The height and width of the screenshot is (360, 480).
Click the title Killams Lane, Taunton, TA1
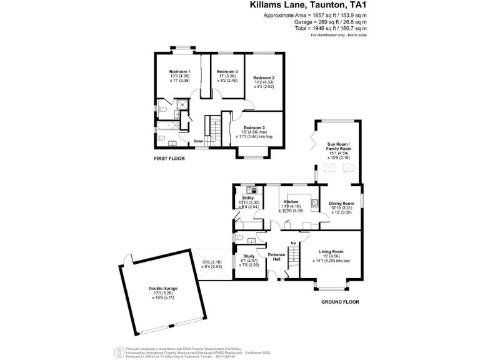[307, 5]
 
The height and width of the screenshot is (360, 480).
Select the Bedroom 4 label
[227, 72]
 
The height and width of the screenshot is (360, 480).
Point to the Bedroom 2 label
[264, 77]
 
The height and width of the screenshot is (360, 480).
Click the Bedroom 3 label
[253, 127]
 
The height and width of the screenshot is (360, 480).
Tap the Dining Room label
[341, 204]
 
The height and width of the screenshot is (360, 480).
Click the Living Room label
[331, 251]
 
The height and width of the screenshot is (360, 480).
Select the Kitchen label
[291, 202]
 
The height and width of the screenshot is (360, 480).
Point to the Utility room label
[247, 197]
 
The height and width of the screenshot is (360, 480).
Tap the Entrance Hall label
[276, 256]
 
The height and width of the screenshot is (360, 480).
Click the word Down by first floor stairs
[198, 141]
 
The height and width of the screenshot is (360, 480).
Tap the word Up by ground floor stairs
[292, 242]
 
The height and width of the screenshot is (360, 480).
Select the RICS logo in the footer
[116, 351]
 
